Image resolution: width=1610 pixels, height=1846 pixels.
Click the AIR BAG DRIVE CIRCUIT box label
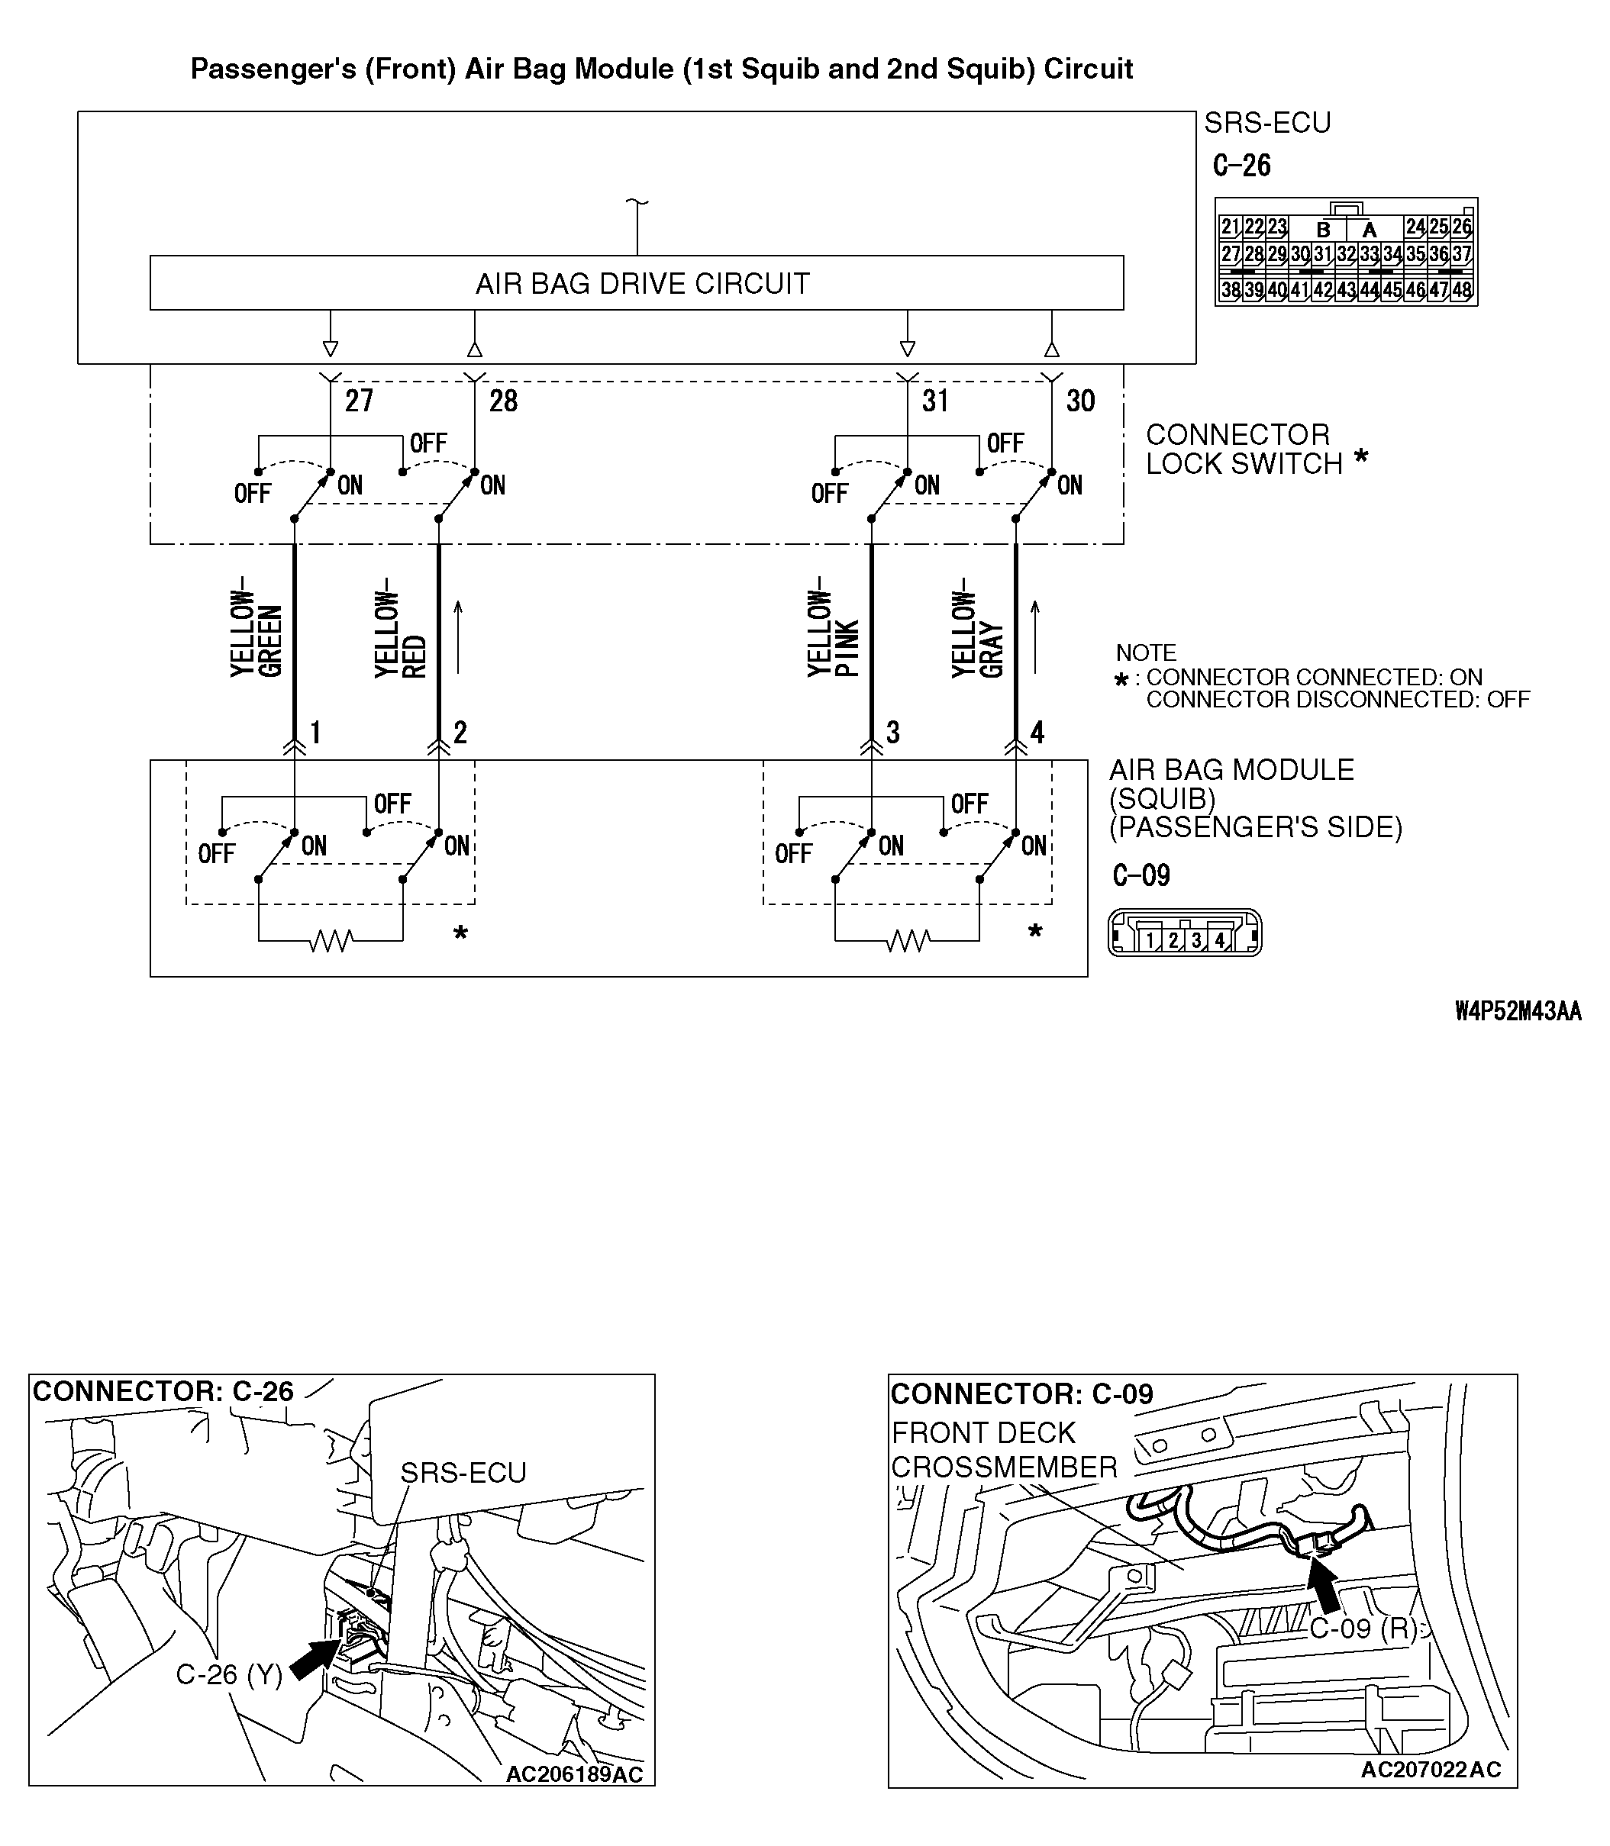click(641, 284)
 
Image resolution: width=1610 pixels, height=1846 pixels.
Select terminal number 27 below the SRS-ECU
click(359, 401)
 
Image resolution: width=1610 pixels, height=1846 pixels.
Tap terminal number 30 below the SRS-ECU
click(1080, 401)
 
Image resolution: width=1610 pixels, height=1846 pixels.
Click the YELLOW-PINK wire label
click(833, 633)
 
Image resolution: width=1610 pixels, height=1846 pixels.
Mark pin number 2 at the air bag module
click(460, 732)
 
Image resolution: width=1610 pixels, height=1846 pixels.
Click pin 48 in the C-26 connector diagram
click(1462, 290)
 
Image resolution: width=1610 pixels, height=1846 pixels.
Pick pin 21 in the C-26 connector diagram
click(1230, 227)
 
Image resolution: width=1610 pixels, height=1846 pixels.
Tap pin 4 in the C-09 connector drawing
click(1218, 940)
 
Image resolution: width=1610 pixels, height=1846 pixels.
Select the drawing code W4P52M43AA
click(1518, 1011)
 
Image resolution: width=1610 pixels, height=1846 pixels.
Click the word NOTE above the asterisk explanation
click(1146, 652)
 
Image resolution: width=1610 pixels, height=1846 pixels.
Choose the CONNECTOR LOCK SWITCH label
click(1244, 449)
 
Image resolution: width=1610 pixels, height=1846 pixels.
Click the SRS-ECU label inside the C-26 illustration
click(463, 1472)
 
